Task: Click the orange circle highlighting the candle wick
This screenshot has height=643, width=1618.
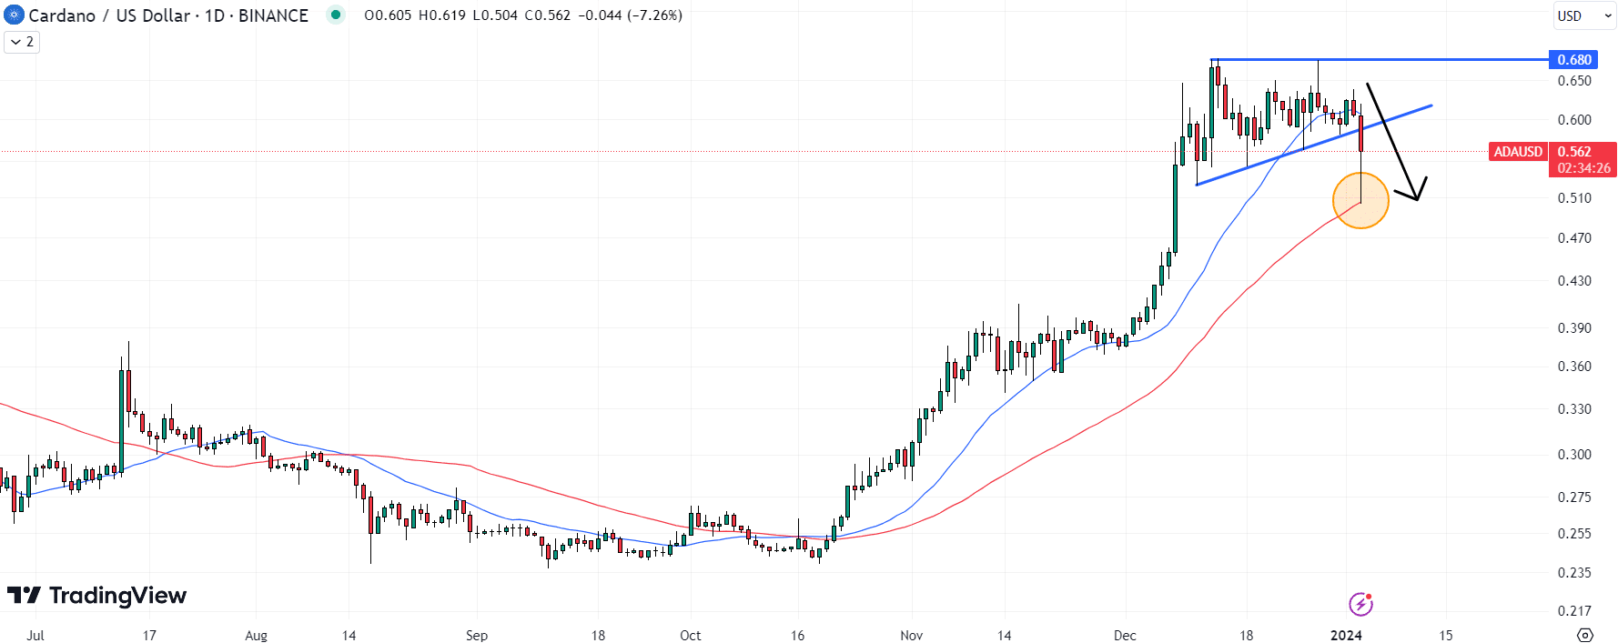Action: pyautogui.click(x=1360, y=200)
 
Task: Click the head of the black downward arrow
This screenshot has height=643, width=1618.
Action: pyautogui.click(x=1416, y=193)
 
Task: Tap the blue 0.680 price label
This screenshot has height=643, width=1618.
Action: pyautogui.click(x=1574, y=60)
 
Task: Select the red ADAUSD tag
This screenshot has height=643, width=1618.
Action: pyautogui.click(x=1518, y=152)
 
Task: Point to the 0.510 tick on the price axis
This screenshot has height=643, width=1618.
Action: pyautogui.click(x=1574, y=198)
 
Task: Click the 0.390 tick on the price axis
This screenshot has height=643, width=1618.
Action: pyautogui.click(x=1574, y=328)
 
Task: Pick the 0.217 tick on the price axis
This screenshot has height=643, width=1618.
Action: pyautogui.click(x=1574, y=611)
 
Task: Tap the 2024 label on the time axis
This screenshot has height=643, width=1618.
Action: pyautogui.click(x=1346, y=635)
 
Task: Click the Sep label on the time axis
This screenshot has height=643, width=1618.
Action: pyautogui.click(x=477, y=635)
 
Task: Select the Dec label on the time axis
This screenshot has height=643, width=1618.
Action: pyautogui.click(x=1125, y=635)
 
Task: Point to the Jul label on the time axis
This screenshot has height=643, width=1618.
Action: pyautogui.click(x=35, y=635)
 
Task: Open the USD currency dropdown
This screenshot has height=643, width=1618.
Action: pyautogui.click(x=1584, y=15)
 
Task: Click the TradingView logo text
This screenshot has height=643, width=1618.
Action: pyautogui.click(x=117, y=596)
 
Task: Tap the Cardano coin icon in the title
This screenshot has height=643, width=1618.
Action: pyautogui.click(x=14, y=15)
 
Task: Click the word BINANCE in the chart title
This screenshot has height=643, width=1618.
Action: pyautogui.click(x=273, y=15)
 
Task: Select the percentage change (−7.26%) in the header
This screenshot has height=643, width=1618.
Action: pyautogui.click(x=652, y=15)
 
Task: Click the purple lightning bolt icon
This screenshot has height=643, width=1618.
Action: pyautogui.click(x=1360, y=604)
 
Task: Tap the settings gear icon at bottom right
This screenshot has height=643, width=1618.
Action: pyautogui.click(x=1585, y=635)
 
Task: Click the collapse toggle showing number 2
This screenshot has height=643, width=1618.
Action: pyautogui.click(x=22, y=42)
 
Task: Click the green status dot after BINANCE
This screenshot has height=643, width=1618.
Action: pyautogui.click(x=336, y=15)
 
